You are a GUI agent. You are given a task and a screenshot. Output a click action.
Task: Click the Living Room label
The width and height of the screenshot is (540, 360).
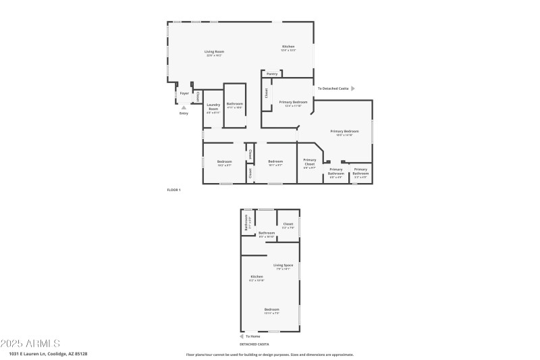(215, 51)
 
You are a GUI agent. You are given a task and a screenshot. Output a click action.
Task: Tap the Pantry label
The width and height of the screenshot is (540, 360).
(272, 74)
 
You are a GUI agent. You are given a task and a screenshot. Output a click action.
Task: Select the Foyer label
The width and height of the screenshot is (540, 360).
(184, 93)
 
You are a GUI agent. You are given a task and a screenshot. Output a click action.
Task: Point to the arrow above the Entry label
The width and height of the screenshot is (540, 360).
(184, 107)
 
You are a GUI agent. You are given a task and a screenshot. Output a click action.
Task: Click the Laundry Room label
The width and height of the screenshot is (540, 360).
(214, 107)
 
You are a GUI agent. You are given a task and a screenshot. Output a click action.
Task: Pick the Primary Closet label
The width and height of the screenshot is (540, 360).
(310, 162)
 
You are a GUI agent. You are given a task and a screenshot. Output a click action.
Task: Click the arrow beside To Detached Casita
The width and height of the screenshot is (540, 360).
(352, 88)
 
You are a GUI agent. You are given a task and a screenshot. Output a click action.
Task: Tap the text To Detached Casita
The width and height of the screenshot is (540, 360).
(333, 88)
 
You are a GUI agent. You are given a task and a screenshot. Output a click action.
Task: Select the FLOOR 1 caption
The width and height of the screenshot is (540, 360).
(174, 190)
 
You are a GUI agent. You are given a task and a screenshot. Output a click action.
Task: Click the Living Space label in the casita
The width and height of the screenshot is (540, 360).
(283, 265)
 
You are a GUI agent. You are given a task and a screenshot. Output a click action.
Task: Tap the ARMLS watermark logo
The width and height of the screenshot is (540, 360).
(30, 343)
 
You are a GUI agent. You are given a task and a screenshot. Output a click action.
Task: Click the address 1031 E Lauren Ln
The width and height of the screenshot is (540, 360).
(48, 353)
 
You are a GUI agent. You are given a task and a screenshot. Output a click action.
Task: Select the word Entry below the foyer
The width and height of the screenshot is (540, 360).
(184, 113)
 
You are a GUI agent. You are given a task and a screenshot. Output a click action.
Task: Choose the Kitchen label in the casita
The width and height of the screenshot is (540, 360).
(256, 276)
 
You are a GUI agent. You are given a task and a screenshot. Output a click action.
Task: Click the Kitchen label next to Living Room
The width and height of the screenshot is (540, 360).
(288, 47)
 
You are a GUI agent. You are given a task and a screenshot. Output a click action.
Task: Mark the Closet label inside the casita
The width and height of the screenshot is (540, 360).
(288, 224)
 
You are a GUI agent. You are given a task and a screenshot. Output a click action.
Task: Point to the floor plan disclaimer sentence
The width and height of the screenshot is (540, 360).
(269, 354)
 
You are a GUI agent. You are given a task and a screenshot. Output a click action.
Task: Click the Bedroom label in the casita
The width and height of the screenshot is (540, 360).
(271, 310)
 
